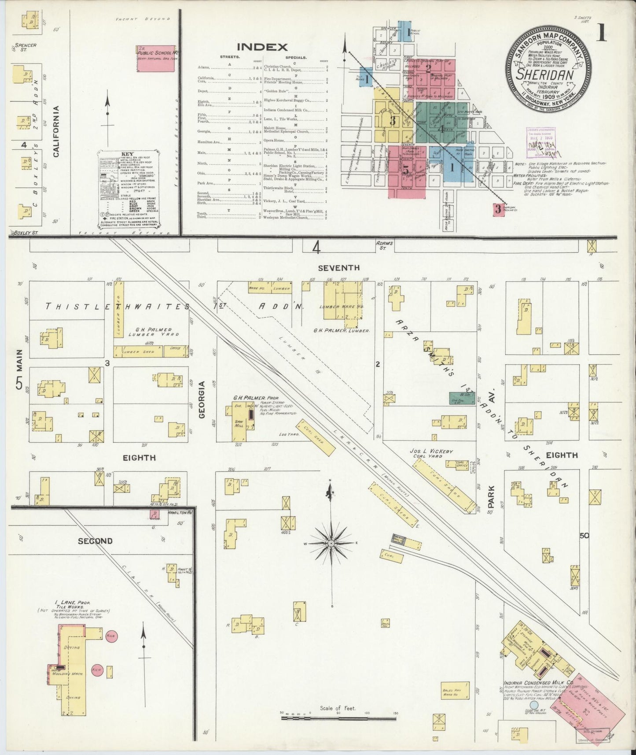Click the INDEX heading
tap(262, 47)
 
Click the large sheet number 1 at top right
tap(602, 33)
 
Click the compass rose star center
tap(331, 544)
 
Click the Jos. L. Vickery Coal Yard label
tap(431, 454)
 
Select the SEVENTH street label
tap(338, 267)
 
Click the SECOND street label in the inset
tap(95, 541)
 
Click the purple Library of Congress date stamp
tap(540, 141)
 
